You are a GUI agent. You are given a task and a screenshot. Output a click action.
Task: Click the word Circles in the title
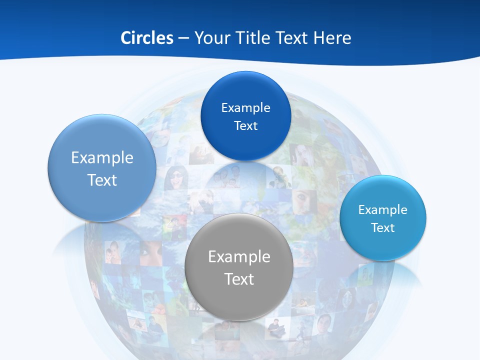click(147, 38)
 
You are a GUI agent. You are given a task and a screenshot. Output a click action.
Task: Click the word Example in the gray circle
click(239, 256)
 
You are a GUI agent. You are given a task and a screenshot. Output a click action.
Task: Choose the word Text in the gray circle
click(239, 279)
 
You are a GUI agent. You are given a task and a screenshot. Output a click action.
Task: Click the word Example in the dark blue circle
click(245, 108)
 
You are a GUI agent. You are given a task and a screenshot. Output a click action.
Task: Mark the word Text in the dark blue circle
click(245, 126)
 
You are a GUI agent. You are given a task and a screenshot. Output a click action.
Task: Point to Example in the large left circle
click(102, 157)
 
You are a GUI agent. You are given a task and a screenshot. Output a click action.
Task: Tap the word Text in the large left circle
click(102, 180)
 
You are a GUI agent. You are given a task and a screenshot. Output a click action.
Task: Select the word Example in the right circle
click(382, 210)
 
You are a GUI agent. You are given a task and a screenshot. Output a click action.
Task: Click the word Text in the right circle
click(382, 228)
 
